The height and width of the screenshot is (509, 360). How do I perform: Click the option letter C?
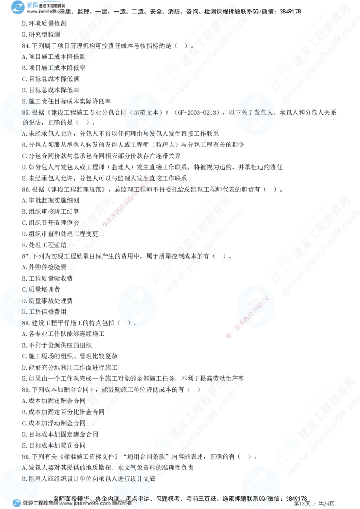[25, 289]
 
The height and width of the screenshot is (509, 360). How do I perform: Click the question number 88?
[26, 323]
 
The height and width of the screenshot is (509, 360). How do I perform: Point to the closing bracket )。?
[132, 323]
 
